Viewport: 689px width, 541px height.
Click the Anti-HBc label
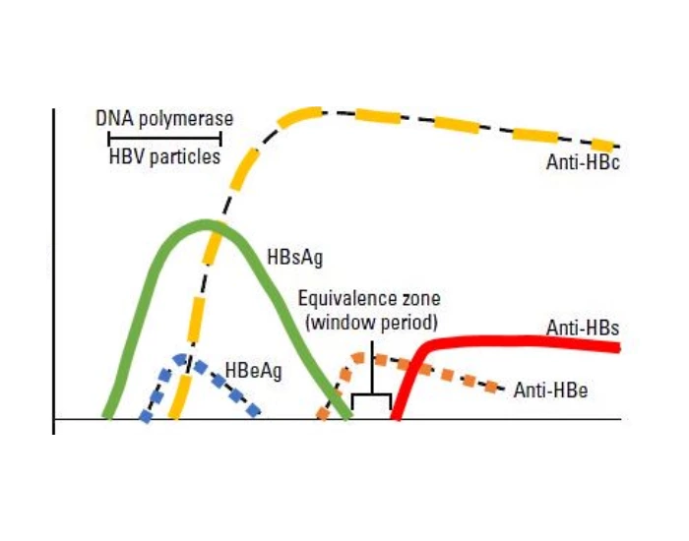pyautogui.click(x=583, y=162)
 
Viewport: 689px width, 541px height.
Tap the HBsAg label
pyautogui.click(x=295, y=258)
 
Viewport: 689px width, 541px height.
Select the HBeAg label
pyautogui.click(x=253, y=371)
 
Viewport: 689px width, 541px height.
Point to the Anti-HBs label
pyautogui.click(x=583, y=328)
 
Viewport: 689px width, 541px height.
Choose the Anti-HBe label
pyautogui.click(x=550, y=390)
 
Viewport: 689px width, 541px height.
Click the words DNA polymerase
pyautogui.click(x=164, y=119)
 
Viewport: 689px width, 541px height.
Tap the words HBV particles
pyautogui.click(x=164, y=156)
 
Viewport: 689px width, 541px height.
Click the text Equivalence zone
pyautogui.click(x=369, y=299)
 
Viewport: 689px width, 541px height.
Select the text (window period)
pyautogui.click(x=372, y=324)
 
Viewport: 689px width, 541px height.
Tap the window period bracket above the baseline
pyautogui.click(x=372, y=393)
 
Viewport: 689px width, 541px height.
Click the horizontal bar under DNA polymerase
pyautogui.click(x=164, y=138)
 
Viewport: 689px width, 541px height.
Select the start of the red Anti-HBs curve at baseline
pyautogui.click(x=396, y=417)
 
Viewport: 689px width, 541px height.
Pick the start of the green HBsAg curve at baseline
pyautogui.click(x=107, y=416)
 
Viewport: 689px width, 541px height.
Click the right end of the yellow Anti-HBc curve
pyautogui.click(x=619, y=147)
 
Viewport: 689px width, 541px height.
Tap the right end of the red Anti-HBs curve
pyautogui.click(x=619, y=348)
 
